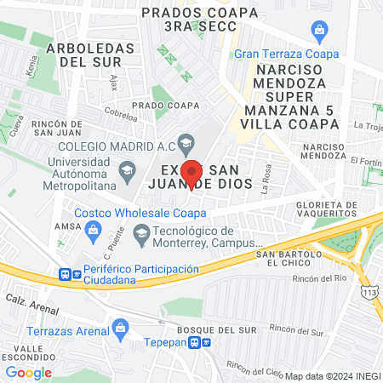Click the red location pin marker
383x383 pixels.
192,173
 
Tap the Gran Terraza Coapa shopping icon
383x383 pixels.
320,33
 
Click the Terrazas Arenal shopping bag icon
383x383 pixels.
121,326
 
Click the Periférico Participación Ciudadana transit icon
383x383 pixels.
66,275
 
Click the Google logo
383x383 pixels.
29,372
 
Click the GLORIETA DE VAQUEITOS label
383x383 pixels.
328,210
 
